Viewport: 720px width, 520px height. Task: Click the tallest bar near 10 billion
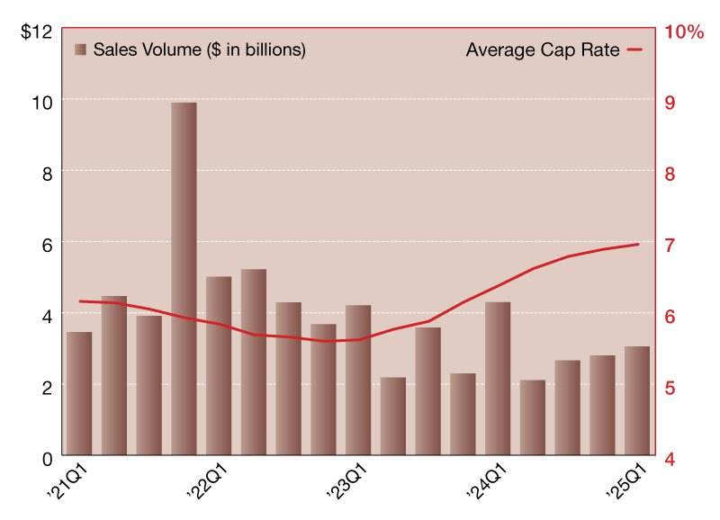pos(184,279)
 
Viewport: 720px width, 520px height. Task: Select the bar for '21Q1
pos(79,393)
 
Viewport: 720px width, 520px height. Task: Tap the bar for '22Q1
pos(219,365)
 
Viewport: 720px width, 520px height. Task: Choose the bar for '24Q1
pos(498,378)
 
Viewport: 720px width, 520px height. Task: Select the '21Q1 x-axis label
pos(65,483)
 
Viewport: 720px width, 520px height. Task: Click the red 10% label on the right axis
pos(684,31)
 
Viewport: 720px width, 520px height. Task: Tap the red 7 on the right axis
pos(670,244)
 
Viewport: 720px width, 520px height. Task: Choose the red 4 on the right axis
pos(670,458)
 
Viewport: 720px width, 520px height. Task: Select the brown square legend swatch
pos(81,50)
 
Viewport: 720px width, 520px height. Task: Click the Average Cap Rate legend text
pos(543,50)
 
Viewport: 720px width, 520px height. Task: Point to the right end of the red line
pos(639,244)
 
